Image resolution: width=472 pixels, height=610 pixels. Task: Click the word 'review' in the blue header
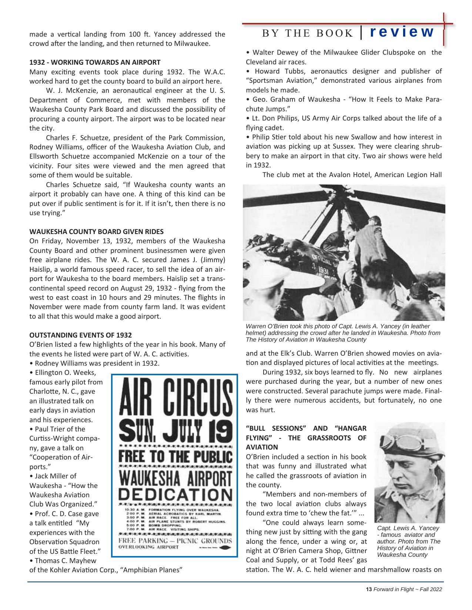401,32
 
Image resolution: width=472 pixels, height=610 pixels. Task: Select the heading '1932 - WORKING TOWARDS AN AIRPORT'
95,62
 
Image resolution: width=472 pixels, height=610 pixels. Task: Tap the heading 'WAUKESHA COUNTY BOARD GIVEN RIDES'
96,232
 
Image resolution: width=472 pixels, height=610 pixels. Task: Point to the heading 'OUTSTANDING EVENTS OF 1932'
80,335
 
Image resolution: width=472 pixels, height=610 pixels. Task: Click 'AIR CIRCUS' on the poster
174,397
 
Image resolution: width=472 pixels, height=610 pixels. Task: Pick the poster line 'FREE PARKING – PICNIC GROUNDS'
175,540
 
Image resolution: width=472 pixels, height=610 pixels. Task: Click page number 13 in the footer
368,590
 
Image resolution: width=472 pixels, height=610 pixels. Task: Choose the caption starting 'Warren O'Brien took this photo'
343,333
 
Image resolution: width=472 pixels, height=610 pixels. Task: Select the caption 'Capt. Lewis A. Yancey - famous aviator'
408,541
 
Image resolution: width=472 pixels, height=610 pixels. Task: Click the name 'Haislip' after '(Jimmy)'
40,269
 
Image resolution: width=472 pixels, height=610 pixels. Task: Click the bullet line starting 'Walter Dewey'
344,52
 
